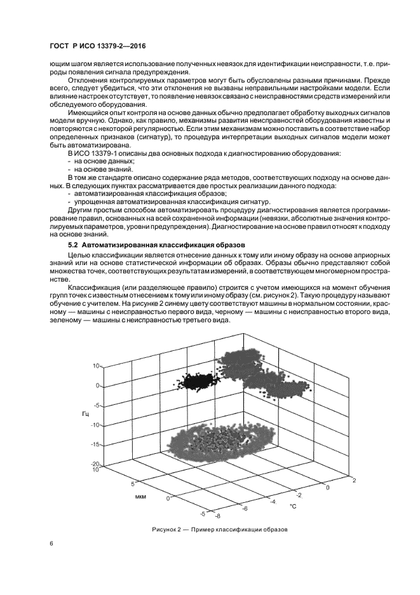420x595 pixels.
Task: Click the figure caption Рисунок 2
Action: pyautogui.click(x=220, y=529)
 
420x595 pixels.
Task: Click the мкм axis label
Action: pyautogui.click(x=141, y=496)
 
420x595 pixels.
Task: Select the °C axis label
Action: pyautogui.click(x=293, y=507)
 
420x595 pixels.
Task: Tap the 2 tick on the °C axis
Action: pyautogui.click(x=353, y=481)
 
